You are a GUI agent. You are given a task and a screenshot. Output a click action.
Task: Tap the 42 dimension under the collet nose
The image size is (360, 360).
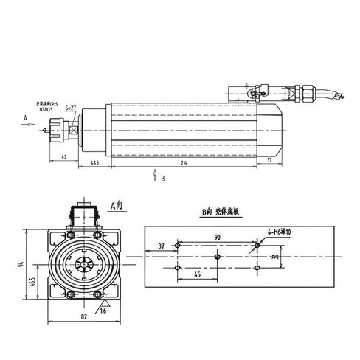click(x=65, y=157)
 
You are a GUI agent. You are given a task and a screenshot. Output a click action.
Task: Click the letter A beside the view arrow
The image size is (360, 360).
click(x=25, y=117)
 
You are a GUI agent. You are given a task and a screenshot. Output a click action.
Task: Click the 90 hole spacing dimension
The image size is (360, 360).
click(x=217, y=237)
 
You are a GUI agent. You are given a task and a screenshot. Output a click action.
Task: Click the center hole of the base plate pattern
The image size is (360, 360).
click(x=217, y=255)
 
